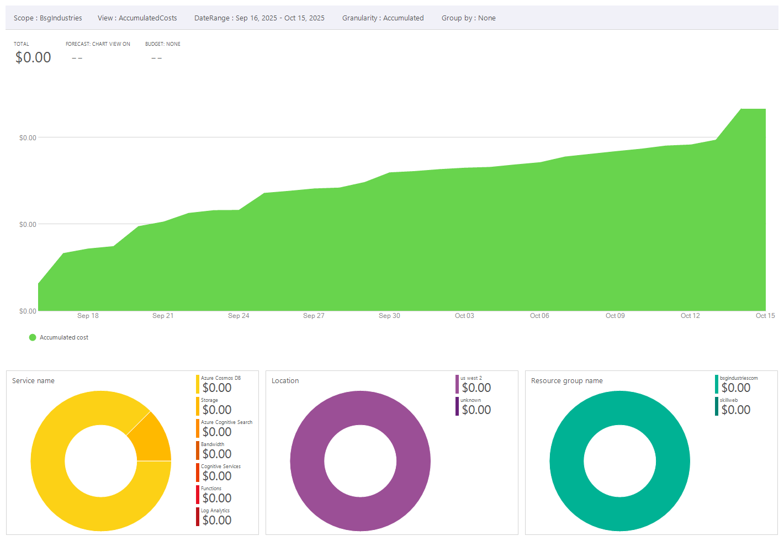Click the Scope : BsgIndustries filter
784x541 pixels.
[x=48, y=18]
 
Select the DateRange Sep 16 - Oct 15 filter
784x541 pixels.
[x=259, y=18]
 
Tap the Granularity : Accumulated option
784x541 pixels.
[x=383, y=18]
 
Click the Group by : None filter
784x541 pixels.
[x=468, y=18]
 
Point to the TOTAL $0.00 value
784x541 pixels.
[x=33, y=57]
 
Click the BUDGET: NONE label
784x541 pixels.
[x=162, y=44]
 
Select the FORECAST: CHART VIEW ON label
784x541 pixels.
[x=98, y=44]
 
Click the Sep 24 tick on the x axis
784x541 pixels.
[x=239, y=316]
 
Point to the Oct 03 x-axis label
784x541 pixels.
[x=464, y=316]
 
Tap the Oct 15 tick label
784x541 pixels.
[x=765, y=316]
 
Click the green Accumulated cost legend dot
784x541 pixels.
[x=33, y=337]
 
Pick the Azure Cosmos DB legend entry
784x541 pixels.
[x=220, y=379]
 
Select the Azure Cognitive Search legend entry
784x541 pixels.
[x=226, y=422]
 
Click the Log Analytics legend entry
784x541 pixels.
[x=215, y=511]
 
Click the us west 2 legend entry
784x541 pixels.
[x=471, y=379]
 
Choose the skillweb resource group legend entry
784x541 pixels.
[x=728, y=400]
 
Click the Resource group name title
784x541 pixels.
[x=566, y=381]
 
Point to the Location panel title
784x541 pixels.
[x=285, y=381]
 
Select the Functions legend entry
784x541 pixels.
[x=211, y=489]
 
